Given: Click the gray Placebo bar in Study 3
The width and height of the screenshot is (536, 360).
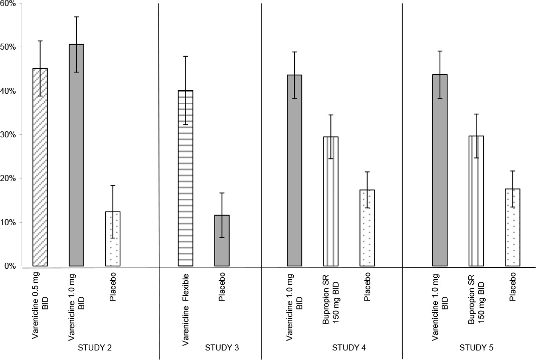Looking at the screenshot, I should (222, 241).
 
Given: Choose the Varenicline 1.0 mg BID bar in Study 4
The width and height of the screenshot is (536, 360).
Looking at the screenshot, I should (294, 170).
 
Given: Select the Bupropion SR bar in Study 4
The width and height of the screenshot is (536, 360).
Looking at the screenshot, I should (330, 201).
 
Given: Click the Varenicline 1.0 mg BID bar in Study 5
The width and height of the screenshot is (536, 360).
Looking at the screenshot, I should (440, 170).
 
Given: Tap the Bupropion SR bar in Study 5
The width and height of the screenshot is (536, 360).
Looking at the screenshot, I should (476, 201).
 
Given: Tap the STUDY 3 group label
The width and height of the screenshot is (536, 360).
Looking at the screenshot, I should (222, 347).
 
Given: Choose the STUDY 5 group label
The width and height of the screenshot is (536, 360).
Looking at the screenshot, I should (476, 347).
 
